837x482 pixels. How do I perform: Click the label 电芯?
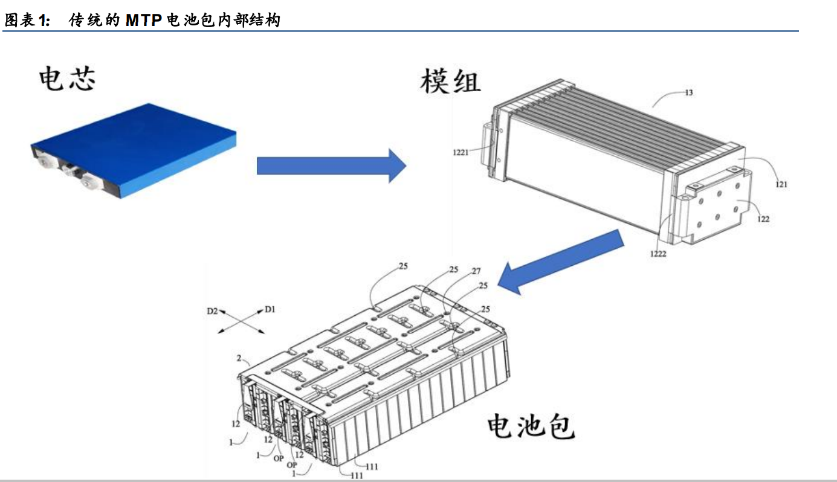point(67,79)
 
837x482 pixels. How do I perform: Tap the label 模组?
point(450,82)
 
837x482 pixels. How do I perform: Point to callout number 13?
point(688,93)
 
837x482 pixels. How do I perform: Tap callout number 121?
point(781,184)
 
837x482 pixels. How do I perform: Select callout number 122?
point(763,219)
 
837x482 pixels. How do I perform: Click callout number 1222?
point(658,254)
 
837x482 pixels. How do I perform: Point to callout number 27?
point(476,271)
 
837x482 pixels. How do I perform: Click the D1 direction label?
point(270,309)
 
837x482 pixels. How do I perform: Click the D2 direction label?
point(212,311)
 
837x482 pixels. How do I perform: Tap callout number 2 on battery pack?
point(239,358)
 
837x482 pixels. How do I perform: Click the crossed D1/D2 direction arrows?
point(241,321)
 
